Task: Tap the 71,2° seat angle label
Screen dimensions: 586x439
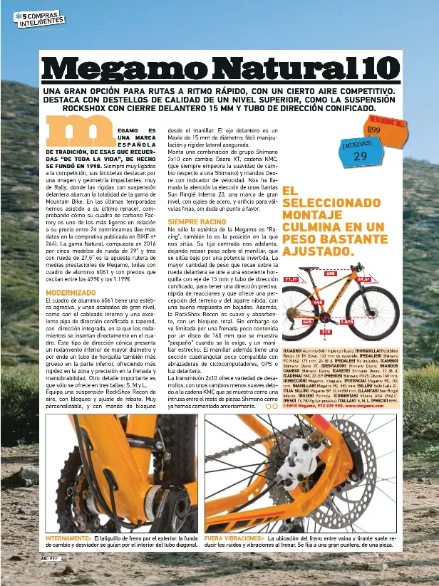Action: click(x=291, y=280)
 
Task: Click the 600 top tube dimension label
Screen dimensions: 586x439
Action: click(x=330, y=273)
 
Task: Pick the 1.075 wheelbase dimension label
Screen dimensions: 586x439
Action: click(x=348, y=322)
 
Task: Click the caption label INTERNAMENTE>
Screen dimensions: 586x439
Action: click(x=68, y=538)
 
